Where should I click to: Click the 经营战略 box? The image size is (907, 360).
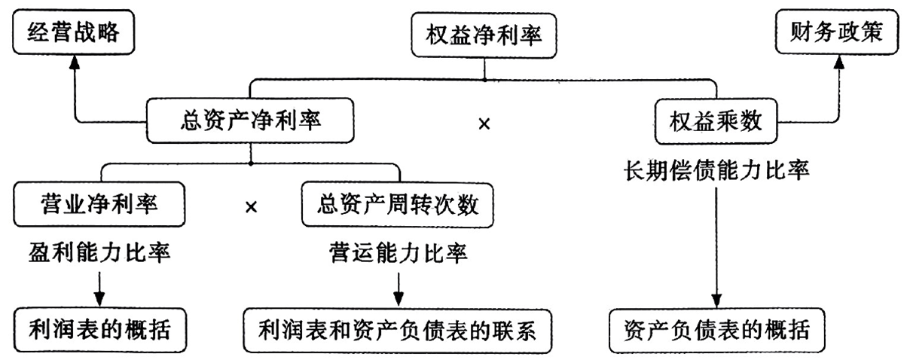click(x=73, y=32)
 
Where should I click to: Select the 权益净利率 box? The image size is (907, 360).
click(x=484, y=35)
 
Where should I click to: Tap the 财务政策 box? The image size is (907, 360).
click(x=836, y=32)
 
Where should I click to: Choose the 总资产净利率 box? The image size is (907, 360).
click(x=250, y=121)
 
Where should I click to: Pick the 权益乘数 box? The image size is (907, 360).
click(x=716, y=121)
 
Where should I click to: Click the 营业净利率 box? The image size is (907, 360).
click(x=99, y=204)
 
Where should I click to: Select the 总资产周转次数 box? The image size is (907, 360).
click(x=398, y=205)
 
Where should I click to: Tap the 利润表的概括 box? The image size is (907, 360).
click(x=100, y=330)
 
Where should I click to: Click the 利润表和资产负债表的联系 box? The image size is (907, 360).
click(x=398, y=331)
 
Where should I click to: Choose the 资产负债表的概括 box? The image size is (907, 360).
click(x=716, y=331)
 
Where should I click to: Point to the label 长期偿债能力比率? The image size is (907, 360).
click(x=716, y=170)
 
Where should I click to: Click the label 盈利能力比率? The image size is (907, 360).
click(x=99, y=253)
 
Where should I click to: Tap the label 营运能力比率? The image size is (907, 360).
click(x=398, y=253)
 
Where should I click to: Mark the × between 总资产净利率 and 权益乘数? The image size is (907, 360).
click(x=484, y=124)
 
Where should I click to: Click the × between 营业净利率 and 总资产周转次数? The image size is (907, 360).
click(x=251, y=207)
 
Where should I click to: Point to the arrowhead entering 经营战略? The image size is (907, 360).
click(x=75, y=63)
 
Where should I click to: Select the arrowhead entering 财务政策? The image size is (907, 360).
click(x=839, y=63)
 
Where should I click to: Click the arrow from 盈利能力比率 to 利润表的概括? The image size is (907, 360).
click(x=99, y=289)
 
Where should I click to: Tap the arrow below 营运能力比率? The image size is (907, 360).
click(x=399, y=289)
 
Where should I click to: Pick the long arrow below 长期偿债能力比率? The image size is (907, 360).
click(x=716, y=248)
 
